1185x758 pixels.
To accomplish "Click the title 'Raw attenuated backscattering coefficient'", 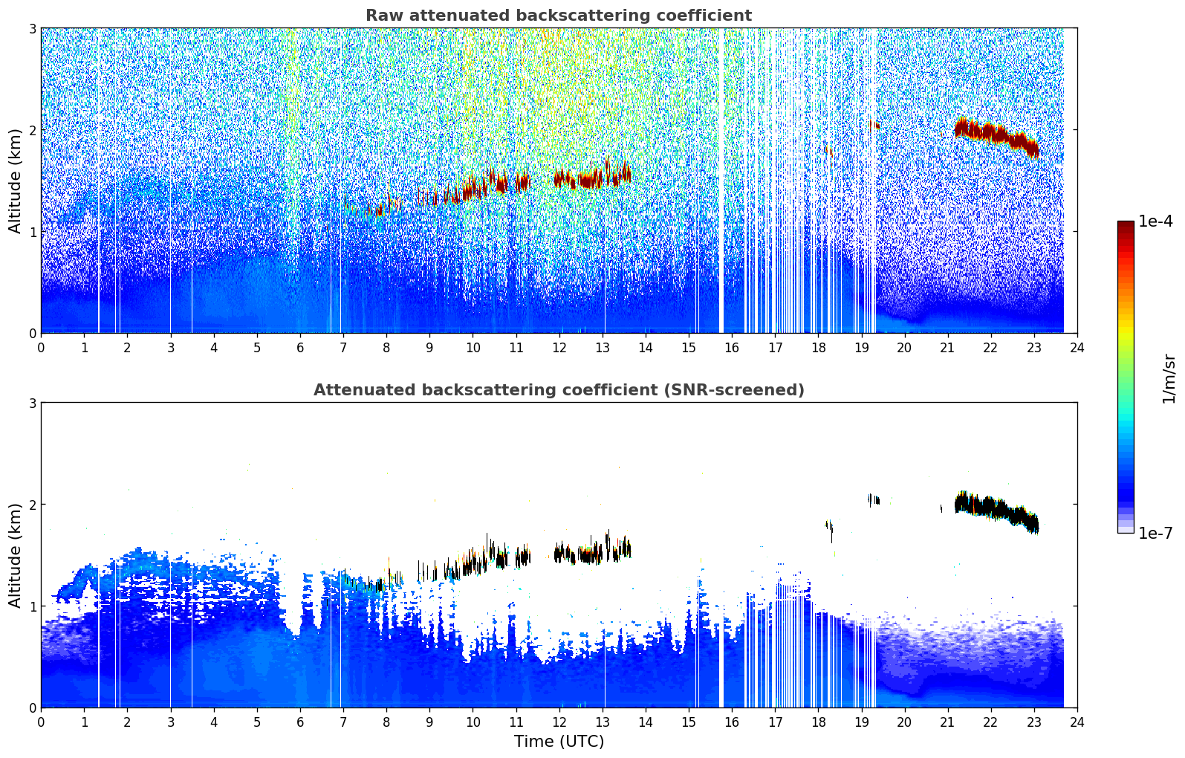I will click(x=558, y=16).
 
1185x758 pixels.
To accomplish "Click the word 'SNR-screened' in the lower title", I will click(x=752, y=390).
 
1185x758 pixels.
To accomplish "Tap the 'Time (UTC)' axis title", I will click(x=559, y=741).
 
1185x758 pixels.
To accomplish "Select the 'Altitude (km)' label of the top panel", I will click(x=15, y=181).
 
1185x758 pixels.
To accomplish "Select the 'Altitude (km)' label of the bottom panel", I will click(x=15, y=555).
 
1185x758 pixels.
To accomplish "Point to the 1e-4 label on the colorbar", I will click(x=1155, y=221).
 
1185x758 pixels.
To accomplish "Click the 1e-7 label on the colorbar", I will click(x=1155, y=533).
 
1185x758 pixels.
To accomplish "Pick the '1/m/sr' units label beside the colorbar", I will click(x=1169, y=379).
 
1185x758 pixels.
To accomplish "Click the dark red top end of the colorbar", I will click(x=1125, y=224).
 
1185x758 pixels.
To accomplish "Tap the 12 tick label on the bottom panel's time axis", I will click(x=559, y=722).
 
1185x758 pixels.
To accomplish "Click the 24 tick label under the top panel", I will click(x=1077, y=347).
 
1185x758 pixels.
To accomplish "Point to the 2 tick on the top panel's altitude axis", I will click(x=32, y=130).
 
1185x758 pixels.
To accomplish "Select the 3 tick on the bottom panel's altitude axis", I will click(x=32, y=403).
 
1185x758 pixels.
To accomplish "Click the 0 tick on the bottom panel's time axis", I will click(x=41, y=722).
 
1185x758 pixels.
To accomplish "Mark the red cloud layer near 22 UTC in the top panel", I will click(x=992, y=135).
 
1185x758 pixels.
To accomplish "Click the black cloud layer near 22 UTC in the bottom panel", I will click(x=992, y=509).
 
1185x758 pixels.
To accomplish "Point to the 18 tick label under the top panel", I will click(x=818, y=347).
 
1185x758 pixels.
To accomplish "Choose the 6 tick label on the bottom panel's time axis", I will click(x=300, y=722).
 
